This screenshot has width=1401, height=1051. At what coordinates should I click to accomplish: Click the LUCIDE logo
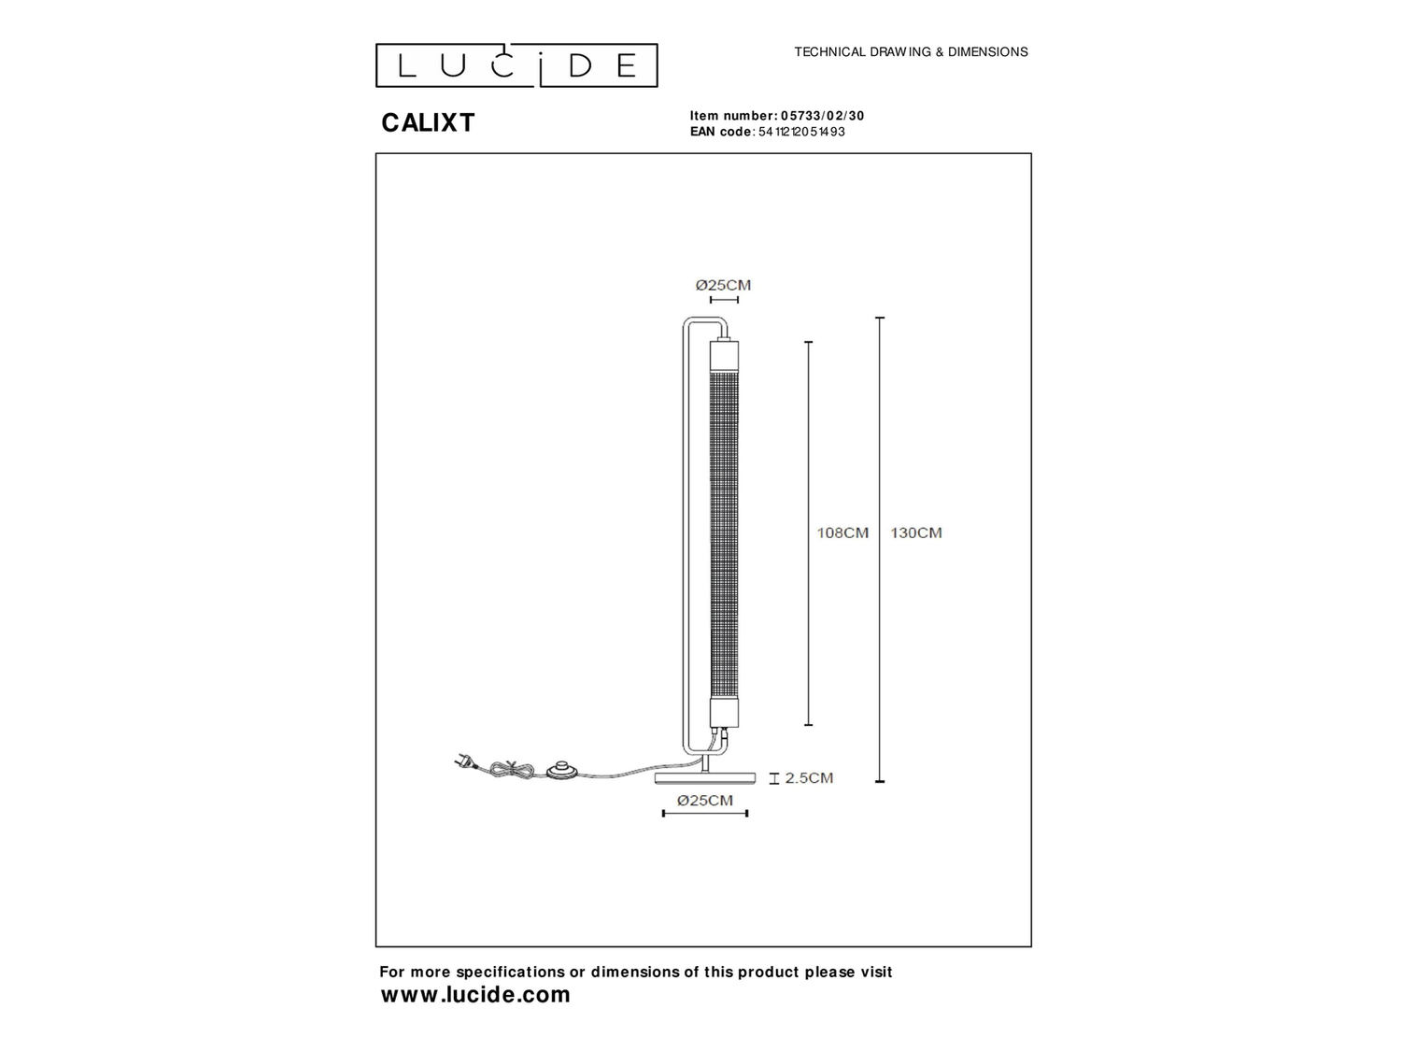pos(516,65)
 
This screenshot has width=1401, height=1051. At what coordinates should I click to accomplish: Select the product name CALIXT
pos(428,122)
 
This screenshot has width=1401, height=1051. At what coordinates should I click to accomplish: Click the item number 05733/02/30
pos(822,116)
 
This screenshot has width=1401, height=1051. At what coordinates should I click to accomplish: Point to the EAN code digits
pos(801,132)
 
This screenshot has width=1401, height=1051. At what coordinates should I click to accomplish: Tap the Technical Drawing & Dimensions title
pos(911,51)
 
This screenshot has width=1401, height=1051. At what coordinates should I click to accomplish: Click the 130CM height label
pos(916,533)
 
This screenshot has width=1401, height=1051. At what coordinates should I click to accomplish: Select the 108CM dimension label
pos(842,533)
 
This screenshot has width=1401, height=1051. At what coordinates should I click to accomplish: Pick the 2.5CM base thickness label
pos(809,778)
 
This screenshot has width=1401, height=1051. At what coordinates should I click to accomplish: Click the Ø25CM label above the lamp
pos(723,285)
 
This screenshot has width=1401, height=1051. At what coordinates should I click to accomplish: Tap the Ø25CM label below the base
pos(704,801)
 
